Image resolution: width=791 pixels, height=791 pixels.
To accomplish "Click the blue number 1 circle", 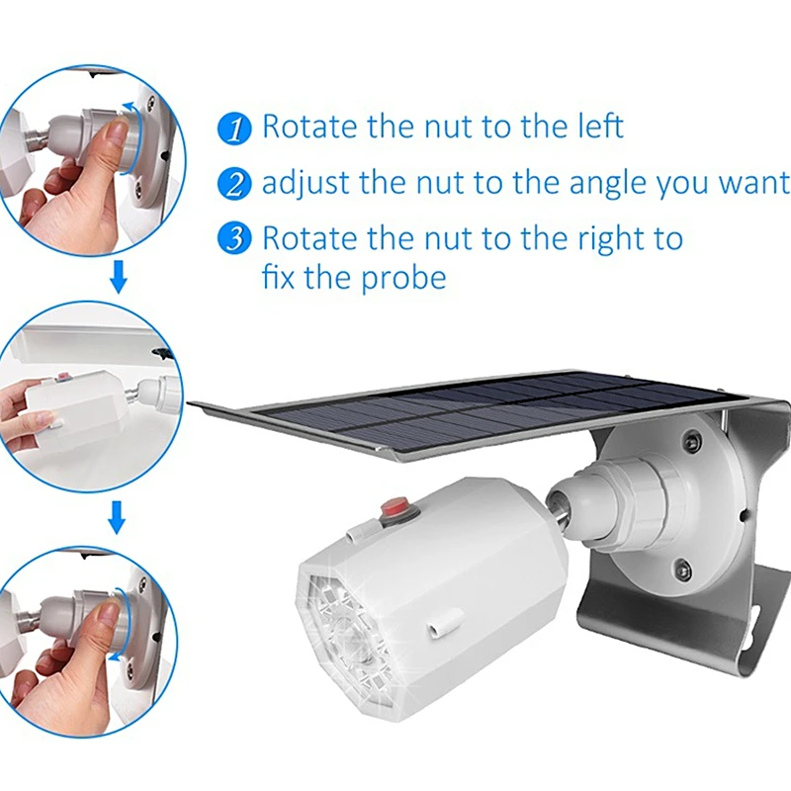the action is tap(234, 130).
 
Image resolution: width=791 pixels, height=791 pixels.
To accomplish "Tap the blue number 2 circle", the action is tap(234, 184).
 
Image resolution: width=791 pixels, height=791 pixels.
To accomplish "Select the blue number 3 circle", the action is tap(234, 237).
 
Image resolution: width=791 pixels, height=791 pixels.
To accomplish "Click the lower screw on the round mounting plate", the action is tap(682, 568).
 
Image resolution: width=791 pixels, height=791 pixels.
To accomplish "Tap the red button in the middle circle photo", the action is tap(63, 376).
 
